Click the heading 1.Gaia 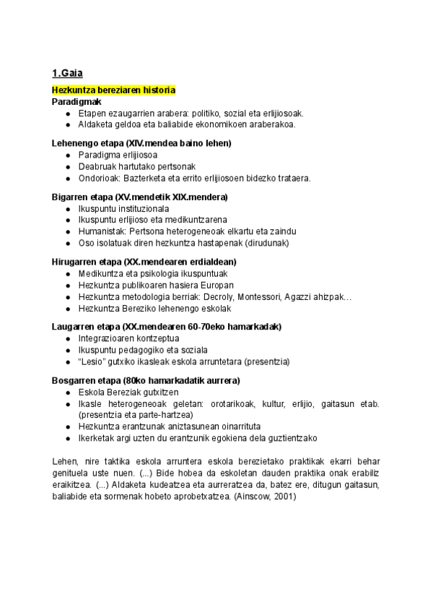67,72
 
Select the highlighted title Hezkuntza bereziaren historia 113,90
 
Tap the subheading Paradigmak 76,101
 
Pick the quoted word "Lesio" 90,361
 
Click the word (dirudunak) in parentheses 264,243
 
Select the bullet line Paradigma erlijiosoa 118,155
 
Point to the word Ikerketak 99,438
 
